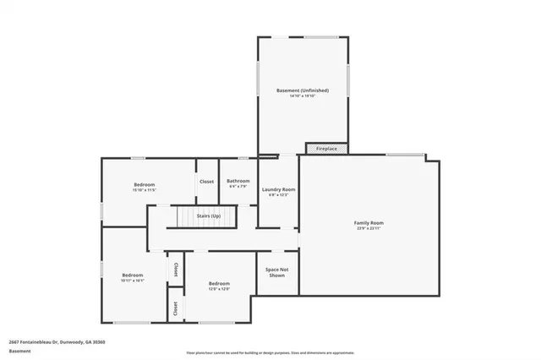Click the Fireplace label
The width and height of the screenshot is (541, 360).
326,149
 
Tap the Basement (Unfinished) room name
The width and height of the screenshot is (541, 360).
302,90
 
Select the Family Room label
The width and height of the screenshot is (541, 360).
369,222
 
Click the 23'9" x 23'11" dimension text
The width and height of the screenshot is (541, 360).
369,229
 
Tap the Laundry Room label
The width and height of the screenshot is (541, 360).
277,189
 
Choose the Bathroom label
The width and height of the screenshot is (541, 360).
238,180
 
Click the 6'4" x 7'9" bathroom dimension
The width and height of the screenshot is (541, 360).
238,187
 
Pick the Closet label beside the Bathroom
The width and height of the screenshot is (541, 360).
206,181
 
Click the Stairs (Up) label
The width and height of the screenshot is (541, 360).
209,216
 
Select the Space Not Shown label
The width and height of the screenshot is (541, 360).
276,272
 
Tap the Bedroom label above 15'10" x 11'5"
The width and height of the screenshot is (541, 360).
145,184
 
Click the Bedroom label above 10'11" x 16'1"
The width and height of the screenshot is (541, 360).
133,275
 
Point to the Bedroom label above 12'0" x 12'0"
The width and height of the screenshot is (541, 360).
219,282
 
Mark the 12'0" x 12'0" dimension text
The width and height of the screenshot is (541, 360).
219,289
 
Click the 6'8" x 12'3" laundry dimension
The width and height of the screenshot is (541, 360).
277,196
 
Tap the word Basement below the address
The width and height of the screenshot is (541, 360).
19,351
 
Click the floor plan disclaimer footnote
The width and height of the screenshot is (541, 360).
270,352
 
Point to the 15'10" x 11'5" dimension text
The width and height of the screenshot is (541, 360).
145,191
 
